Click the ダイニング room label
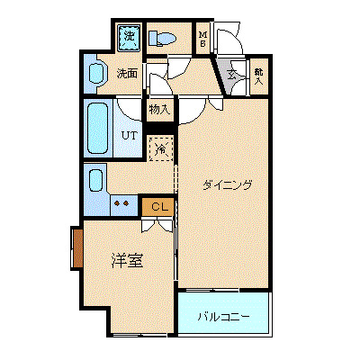pyautogui.click(x=226, y=185)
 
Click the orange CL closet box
pyautogui.click(x=158, y=207)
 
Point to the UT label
pyautogui.click(x=129, y=135)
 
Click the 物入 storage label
pyautogui.click(x=159, y=109)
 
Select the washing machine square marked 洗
pyautogui.click(x=129, y=37)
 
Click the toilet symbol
pyautogui.click(x=163, y=39)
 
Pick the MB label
pyautogui.click(x=203, y=39)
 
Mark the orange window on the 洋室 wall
pyautogui.click(x=77, y=248)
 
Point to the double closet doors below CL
pyautogui.click(x=157, y=225)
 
